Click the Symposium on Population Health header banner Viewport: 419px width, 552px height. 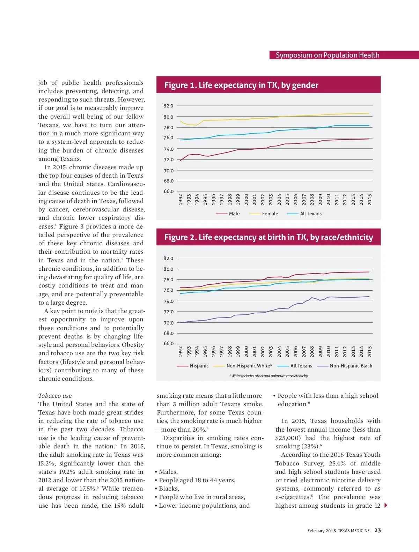point(327,55)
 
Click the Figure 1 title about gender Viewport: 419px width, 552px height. point(241,85)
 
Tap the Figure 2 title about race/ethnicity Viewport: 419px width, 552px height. point(269,237)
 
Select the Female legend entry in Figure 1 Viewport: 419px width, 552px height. point(270,214)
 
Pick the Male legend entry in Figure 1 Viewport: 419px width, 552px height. point(234,214)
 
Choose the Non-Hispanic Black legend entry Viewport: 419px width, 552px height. point(351,366)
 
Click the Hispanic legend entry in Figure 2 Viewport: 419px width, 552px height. point(199,366)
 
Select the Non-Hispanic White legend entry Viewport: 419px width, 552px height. point(249,366)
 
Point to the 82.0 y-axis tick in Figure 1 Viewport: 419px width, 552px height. point(168,106)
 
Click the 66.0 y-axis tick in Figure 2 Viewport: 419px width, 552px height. point(168,343)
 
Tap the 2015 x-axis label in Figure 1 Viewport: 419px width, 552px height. point(370,200)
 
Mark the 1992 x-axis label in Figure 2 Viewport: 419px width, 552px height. point(181,351)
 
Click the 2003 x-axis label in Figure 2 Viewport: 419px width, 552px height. point(271,351)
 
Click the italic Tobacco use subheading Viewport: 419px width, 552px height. point(55,396)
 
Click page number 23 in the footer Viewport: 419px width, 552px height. point(377,530)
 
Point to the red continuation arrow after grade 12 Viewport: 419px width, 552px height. point(386,505)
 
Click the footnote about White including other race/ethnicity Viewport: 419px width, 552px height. point(269,376)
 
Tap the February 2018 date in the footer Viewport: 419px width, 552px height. point(322,531)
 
